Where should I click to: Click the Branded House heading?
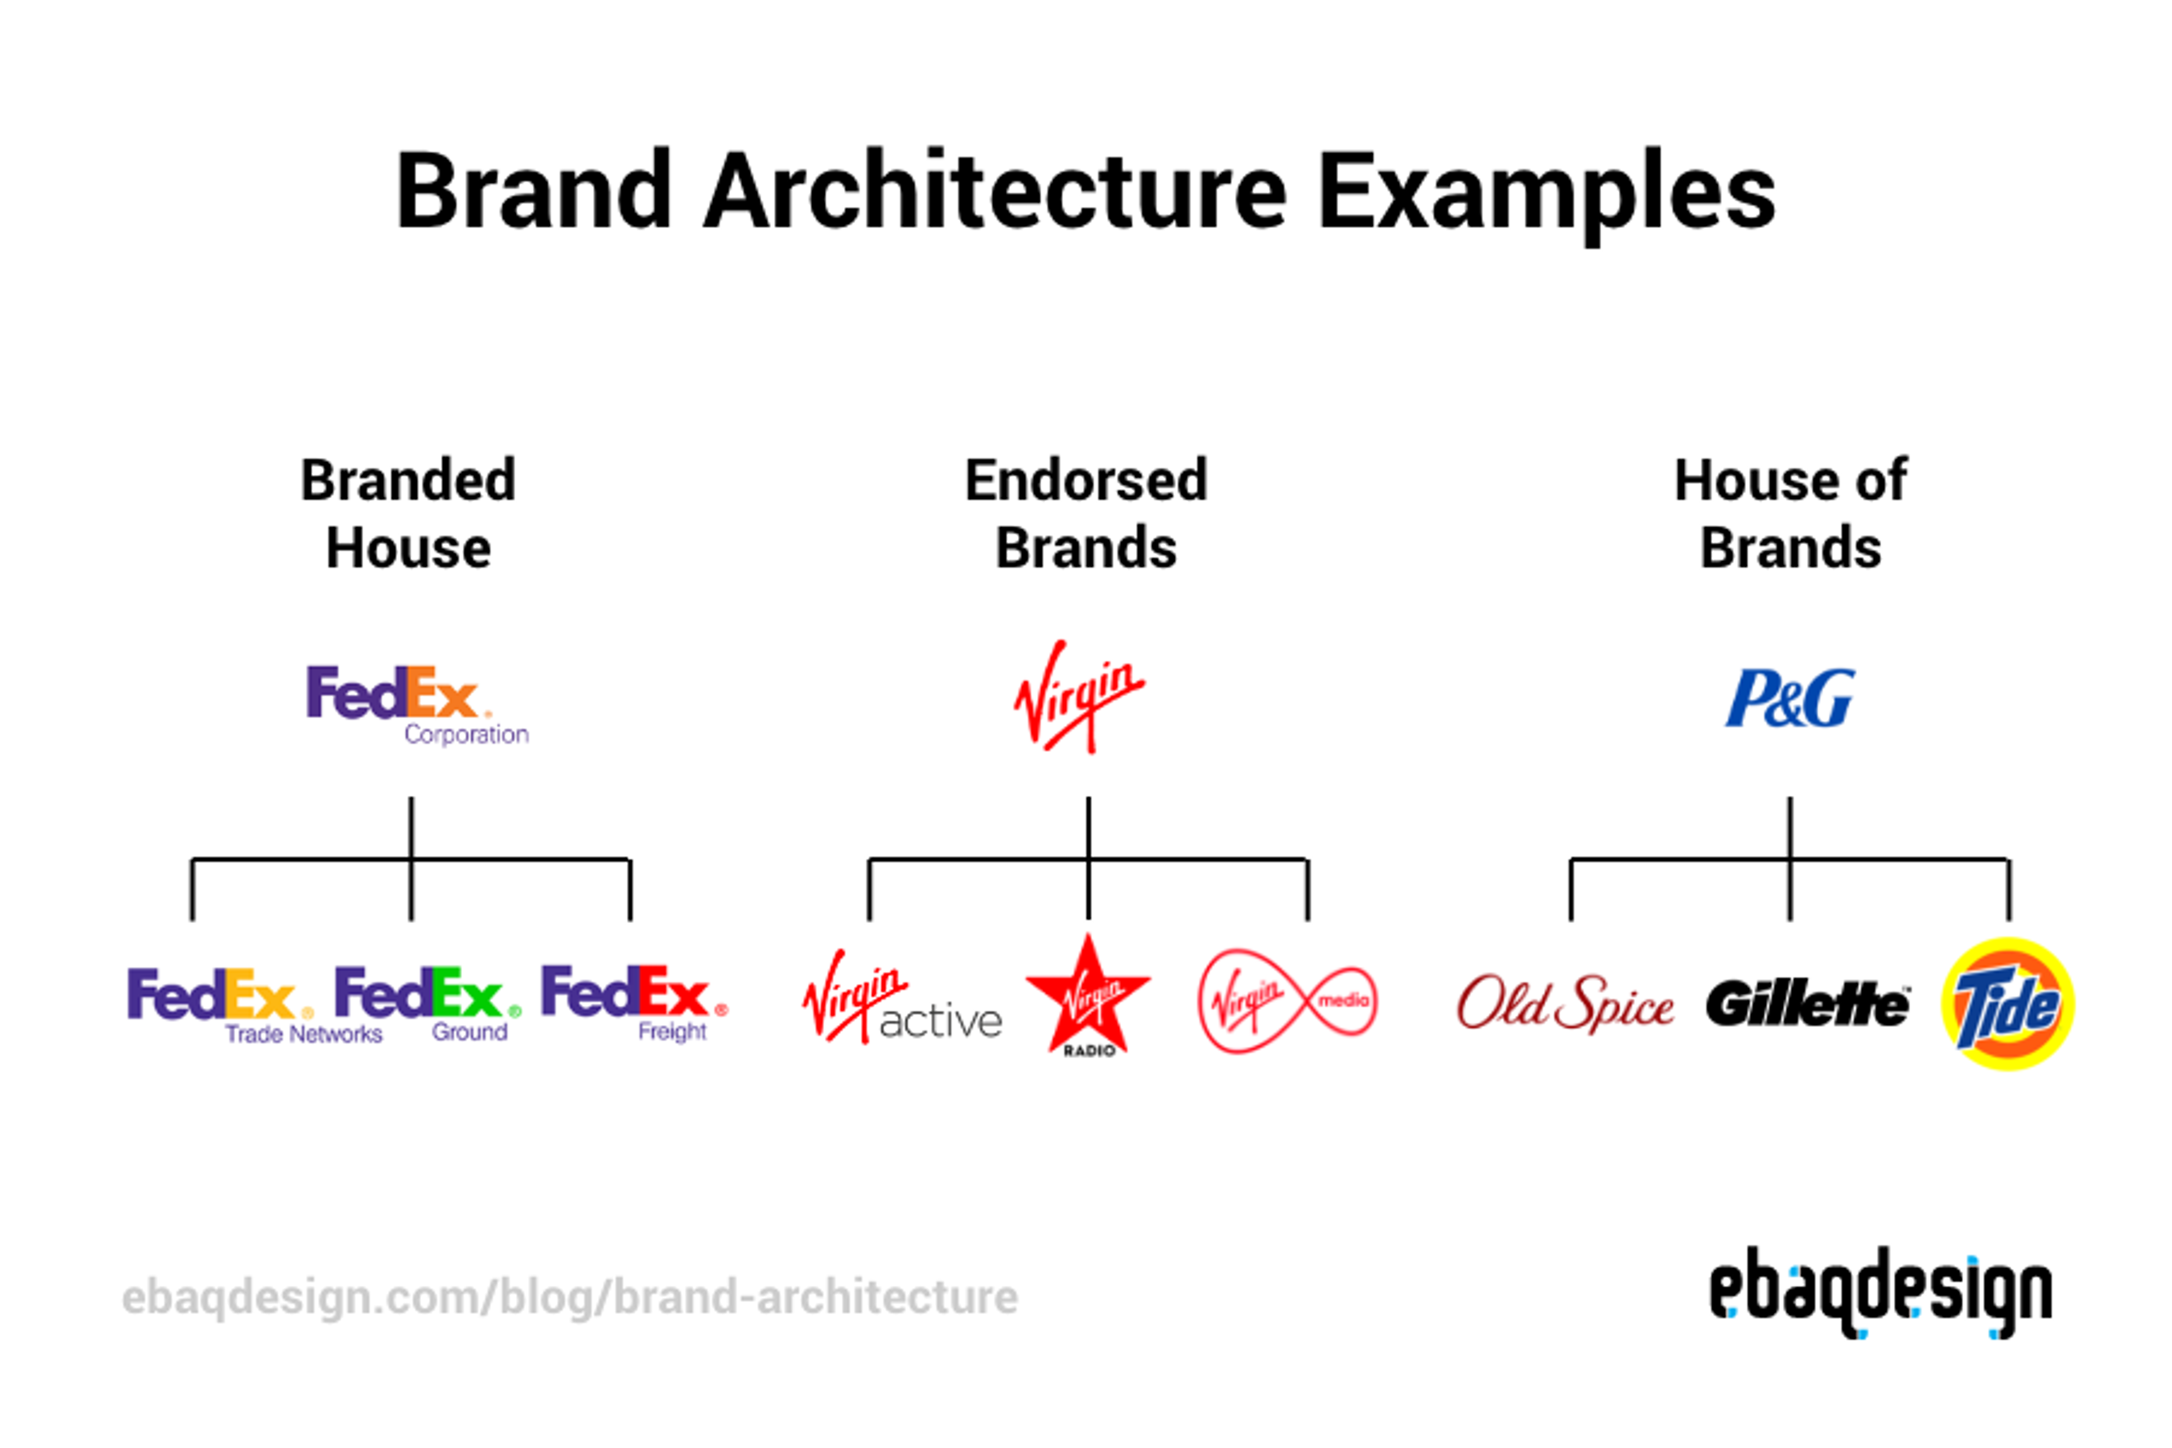click(x=408, y=514)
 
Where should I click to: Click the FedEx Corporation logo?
click(x=416, y=704)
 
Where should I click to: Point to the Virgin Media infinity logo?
click(x=1287, y=1001)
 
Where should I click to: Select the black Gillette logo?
click(x=1807, y=1004)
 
